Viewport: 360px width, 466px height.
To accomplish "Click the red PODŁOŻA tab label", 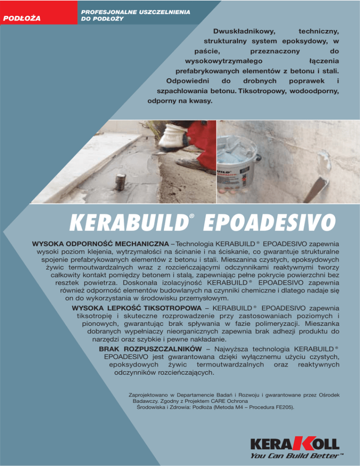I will tap(22, 18).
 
